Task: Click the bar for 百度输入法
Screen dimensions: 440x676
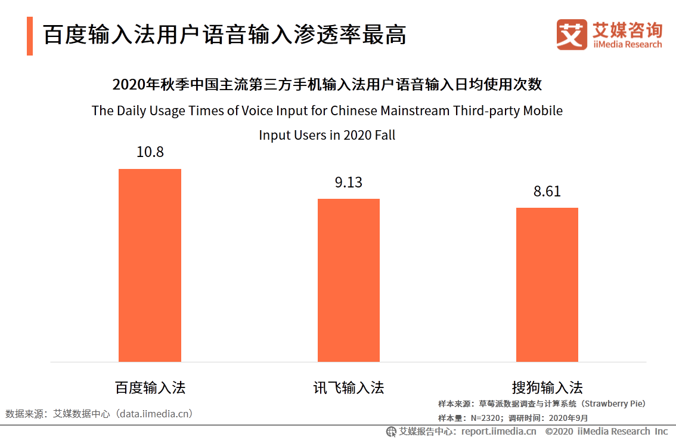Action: pyautogui.click(x=150, y=265)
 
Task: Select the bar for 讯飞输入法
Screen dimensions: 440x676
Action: pyautogui.click(x=348, y=280)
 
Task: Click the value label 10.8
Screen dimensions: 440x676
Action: pyautogui.click(x=150, y=152)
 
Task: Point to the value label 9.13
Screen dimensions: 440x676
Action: pyautogui.click(x=348, y=182)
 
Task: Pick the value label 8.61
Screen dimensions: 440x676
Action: pyautogui.click(x=547, y=192)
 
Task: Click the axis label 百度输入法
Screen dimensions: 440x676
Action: pyautogui.click(x=150, y=387)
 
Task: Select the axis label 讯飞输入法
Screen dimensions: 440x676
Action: pyautogui.click(x=348, y=387)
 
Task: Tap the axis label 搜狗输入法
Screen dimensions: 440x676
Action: pyautogui.click(x=547, y=387)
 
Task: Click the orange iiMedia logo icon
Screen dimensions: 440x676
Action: pyautogui.click(x=572, y=35)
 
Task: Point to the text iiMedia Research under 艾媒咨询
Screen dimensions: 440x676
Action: pyautogui.click(x=627, y=45)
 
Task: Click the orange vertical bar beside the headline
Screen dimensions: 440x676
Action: pyautogui.click(x=30, y=36)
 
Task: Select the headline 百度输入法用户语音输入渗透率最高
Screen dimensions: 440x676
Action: pyautogui.click(x=225, y=35)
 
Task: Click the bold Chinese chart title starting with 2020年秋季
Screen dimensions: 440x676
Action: pyautogui.click(x=327, y=84)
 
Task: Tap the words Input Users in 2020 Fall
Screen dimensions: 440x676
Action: pyautogui.click(x=327, y=135)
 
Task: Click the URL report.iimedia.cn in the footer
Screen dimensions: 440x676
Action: pyautogui.click(x=498, y=431)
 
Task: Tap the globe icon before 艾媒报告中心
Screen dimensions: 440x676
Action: pyautogui.click(x=391, y=431)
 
